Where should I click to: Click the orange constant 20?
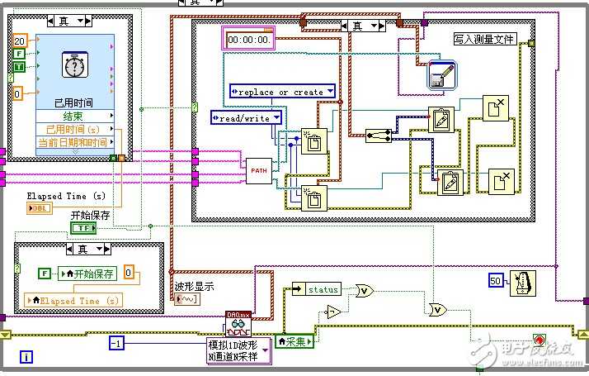tap(20, 40)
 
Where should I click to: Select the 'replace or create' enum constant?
tap(283, 92)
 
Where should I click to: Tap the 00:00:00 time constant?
tap(248, 39)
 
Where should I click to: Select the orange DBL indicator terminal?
tap(39, 209)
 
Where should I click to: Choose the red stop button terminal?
tap(540, 340)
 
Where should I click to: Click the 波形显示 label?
tap(194, 287)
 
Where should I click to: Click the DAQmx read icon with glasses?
tap(238, 322)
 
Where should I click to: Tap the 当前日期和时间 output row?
tap(74, 142)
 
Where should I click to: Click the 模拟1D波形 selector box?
tap(238, 351)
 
